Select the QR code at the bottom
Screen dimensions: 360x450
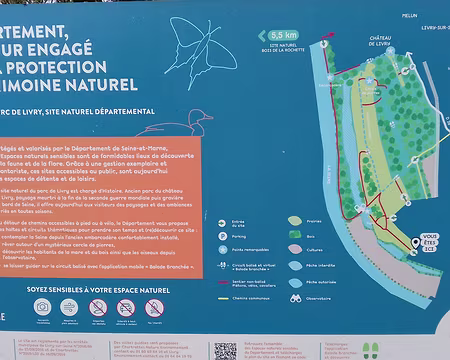(x=225, y=349)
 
